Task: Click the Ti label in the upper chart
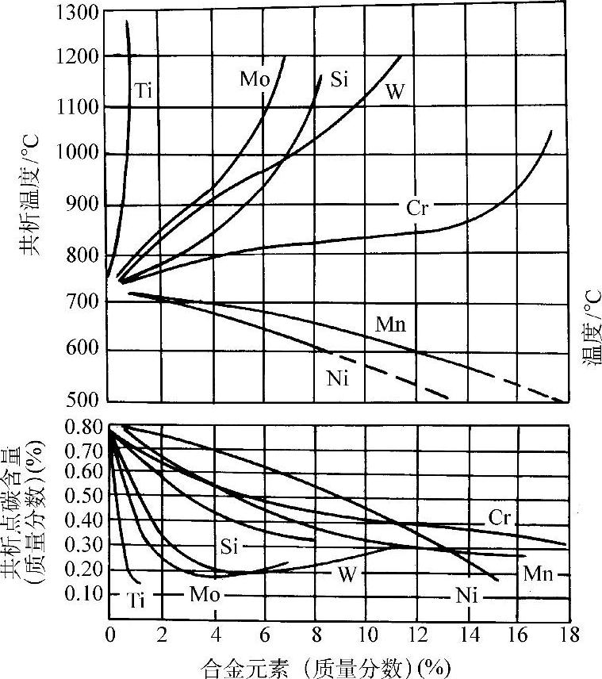point(142,90)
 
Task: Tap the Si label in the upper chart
point(339,79)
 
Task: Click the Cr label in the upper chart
point(418,209)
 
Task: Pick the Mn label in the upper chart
point(390,324)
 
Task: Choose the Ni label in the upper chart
point(338,378)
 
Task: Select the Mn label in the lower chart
point(538,574)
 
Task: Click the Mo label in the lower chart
point(201,593)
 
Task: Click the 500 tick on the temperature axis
point(83,398)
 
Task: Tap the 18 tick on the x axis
point(567,635)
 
